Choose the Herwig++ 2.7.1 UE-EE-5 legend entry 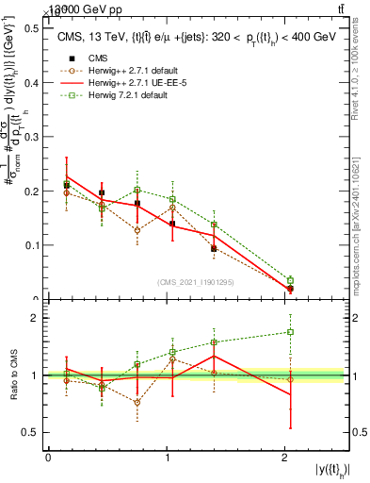click(134, 84)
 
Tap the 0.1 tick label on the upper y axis click(30, 245)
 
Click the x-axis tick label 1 click(167, 458)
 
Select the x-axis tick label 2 click(284, 458)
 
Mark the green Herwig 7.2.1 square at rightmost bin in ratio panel click(290, 332)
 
